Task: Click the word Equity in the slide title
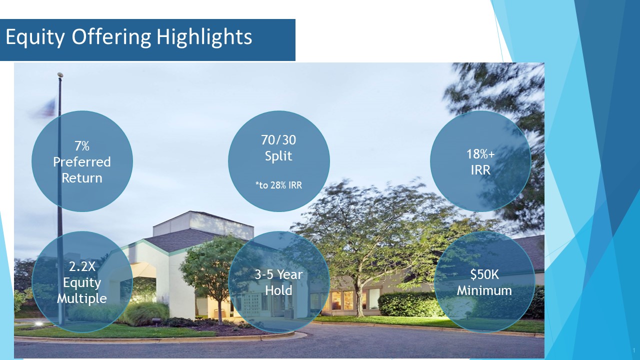(35, 37)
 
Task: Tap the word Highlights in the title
(204, 37)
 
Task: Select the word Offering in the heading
(111, 37)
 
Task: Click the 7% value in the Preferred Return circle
(81, 146)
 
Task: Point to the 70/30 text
(278, 140)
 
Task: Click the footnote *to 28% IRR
(278, 185)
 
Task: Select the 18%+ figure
(480, 154)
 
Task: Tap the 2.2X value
(82, 266)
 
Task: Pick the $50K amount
(484, 274)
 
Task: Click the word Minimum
(484, 290)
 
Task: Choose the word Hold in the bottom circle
(278, 290)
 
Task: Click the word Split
(278, 156)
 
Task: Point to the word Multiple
(81, 299)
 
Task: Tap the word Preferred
(81, 162)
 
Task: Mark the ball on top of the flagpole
(60, 75)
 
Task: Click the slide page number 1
(634, 350)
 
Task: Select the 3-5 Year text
(278, 274)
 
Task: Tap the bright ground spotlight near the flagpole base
(38, 323)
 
